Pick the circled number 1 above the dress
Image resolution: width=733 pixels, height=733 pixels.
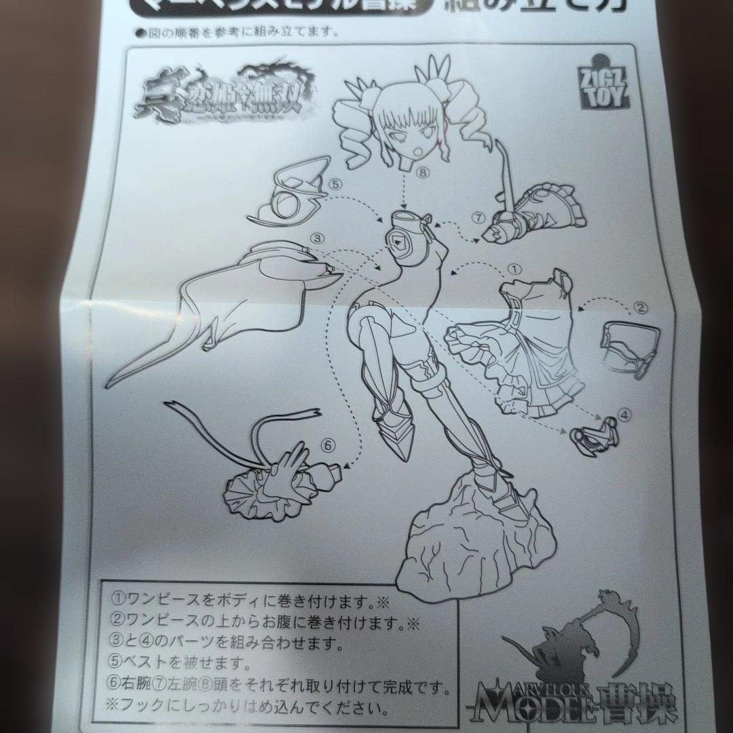[514, 268]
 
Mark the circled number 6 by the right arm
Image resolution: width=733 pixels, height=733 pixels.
[328, 445]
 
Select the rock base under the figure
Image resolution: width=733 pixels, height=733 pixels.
[468, 537]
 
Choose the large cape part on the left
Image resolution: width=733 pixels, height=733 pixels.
[217, 312]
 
